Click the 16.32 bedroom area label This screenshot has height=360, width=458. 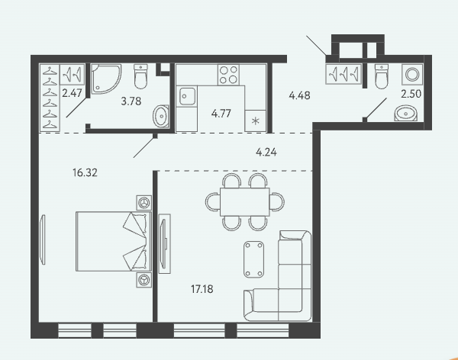pos(85,173)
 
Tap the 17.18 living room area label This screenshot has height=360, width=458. pos(202,289)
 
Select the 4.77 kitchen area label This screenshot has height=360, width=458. pos(221,114)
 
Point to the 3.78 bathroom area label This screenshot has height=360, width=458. pos(131,101)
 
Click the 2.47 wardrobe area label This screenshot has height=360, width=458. pos(73,93)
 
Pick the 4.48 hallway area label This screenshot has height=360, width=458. pos(299,95)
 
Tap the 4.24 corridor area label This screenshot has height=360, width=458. pos(266,152)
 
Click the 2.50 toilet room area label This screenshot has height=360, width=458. pos(411,94)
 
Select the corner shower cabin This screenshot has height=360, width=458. pos(106,79)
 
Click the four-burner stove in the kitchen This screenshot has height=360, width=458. pos(228,75)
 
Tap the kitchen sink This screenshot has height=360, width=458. pos(187,96)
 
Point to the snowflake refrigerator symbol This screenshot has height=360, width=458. pos(255,121)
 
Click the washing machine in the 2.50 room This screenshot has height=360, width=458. pos(411,74)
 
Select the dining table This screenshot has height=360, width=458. pos(245,202)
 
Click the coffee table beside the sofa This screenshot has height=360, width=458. pos(254,259)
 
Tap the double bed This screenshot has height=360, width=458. pos(113,242)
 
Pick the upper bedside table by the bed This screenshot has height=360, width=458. pos(144,203)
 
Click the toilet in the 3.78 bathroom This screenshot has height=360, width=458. pos(140,76)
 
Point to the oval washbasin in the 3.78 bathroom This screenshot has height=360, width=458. pos(161,116)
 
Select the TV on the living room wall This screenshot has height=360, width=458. pos(164,243)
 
